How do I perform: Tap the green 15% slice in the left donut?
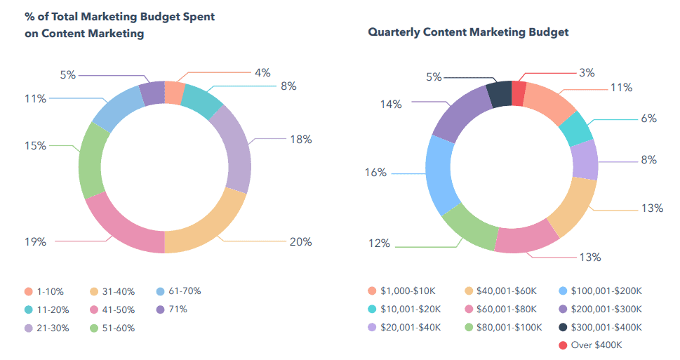coord(94,162)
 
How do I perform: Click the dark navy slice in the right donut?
coord(499,95)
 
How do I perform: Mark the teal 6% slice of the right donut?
coord(580,127)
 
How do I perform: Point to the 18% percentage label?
coord(301,139)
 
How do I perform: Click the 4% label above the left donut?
coord(262,72)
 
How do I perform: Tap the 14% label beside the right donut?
coord(391,104)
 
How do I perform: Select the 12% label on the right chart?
coord(380,244)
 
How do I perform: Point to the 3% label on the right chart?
coord(587,72)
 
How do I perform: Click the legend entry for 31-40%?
coord(115,291)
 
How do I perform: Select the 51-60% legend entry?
coord(115,328)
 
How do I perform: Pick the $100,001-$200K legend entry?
coord(605,291)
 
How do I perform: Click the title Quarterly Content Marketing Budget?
coord(468,32)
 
